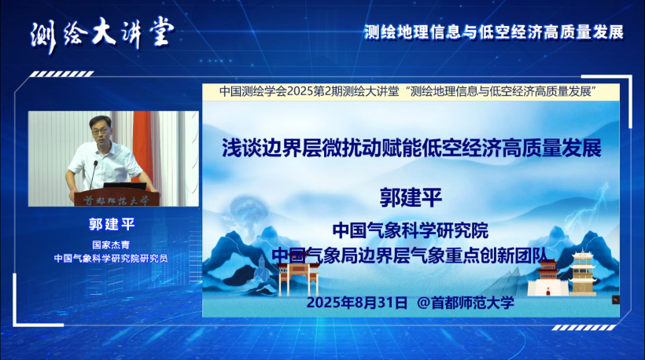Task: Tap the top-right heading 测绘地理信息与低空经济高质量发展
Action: coord(494,32)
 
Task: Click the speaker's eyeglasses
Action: coord(101,131)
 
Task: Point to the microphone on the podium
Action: coord(94,174)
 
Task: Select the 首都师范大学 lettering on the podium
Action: coord(116,201)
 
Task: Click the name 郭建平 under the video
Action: coord(112,224)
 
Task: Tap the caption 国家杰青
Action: coord(111,245)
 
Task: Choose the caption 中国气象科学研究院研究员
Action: coord(111,259)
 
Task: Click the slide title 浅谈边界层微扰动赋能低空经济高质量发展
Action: coord(411,148)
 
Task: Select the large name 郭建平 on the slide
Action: coord(411,197)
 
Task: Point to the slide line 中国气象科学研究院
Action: coord(411,230)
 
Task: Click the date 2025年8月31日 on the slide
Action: coord(356,303)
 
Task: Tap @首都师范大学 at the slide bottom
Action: coord(466,303)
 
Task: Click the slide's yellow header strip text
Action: coord(408,91)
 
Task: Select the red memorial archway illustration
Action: coord(299,278)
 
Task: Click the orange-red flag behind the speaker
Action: coord(142,144)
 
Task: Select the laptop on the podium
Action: coord(123,186)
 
